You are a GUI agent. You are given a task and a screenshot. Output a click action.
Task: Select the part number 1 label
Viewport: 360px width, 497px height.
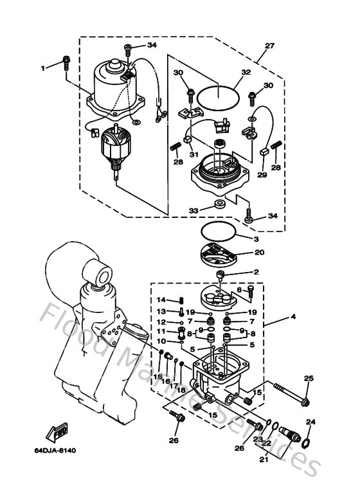[44, 68]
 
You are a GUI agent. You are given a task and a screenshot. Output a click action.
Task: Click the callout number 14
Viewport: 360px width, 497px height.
[161, 300]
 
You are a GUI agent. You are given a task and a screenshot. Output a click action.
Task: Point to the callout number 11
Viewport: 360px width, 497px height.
[161, 332]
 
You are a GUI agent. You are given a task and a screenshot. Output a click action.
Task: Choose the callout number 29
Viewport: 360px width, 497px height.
[262, 174]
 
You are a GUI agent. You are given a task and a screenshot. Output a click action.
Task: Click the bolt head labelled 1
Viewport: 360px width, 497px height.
[66, 62]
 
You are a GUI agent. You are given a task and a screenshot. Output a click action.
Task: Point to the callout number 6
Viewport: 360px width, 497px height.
[239, 290]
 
